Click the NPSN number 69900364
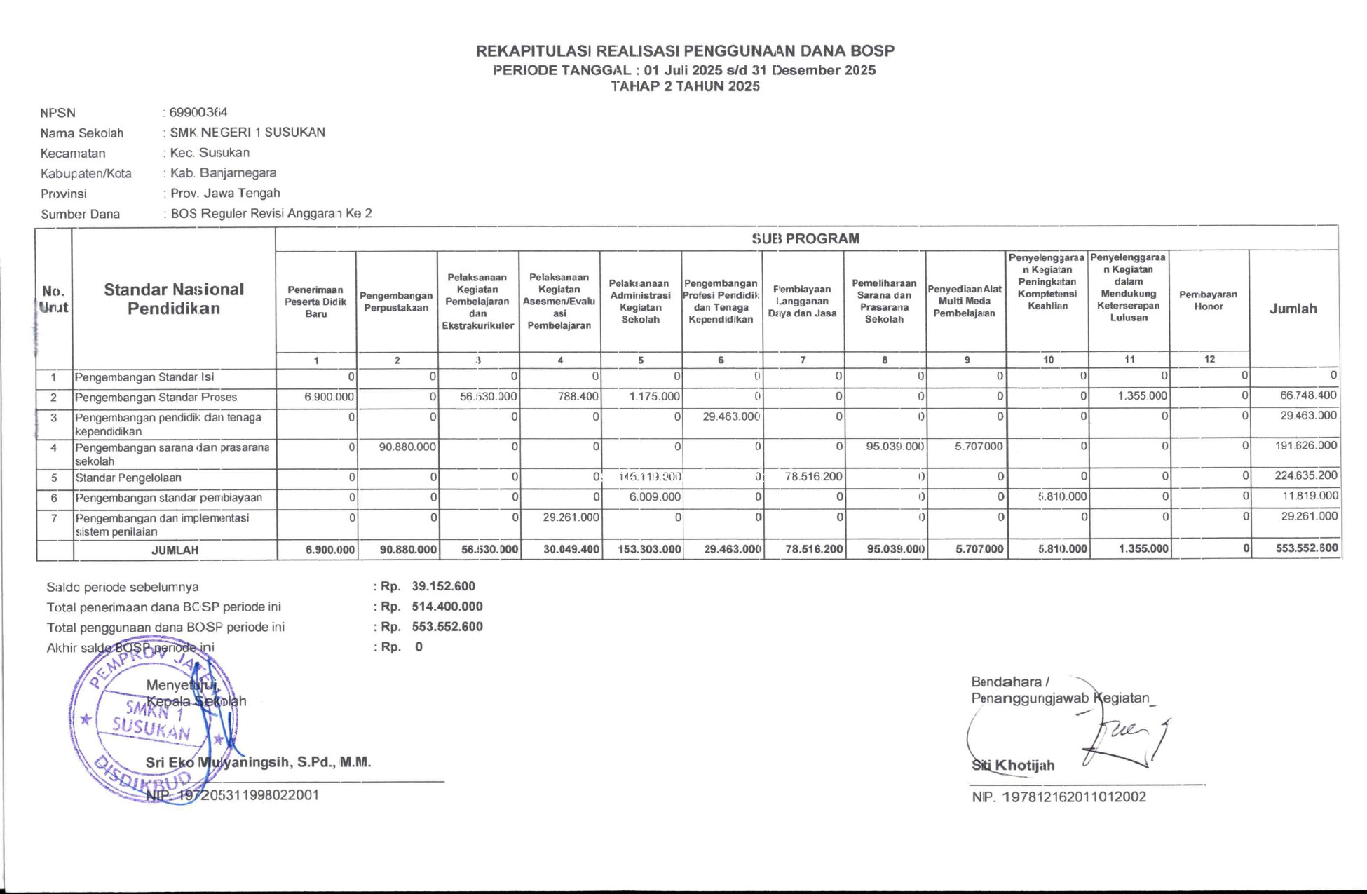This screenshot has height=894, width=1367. pos(198,112)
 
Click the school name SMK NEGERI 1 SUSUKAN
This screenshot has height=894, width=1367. pos(247,133)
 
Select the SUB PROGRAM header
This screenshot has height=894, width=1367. pos(805,238)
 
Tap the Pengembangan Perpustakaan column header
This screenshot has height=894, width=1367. pos(396,302)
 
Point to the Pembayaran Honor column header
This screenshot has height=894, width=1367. pos(1208,301)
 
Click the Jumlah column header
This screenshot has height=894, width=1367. pos(1293,309)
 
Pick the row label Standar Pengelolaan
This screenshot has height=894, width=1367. pos(128,478)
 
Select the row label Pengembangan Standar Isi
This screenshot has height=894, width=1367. pos(144,377)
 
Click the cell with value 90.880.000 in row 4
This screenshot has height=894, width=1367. pos(407,447)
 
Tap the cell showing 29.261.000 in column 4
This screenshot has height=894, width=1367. pos(571,517)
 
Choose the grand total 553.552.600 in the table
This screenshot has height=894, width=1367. pos(1307,548)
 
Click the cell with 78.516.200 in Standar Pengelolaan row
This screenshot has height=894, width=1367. pos(813,477)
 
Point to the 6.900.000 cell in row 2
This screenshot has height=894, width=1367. pos(329,397)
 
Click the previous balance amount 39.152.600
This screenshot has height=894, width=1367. pos(444,586)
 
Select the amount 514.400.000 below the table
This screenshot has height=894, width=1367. pos(447,607)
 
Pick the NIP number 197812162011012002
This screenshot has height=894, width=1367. pos(1074,797)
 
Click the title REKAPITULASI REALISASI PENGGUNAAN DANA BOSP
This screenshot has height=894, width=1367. pos(685,51)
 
